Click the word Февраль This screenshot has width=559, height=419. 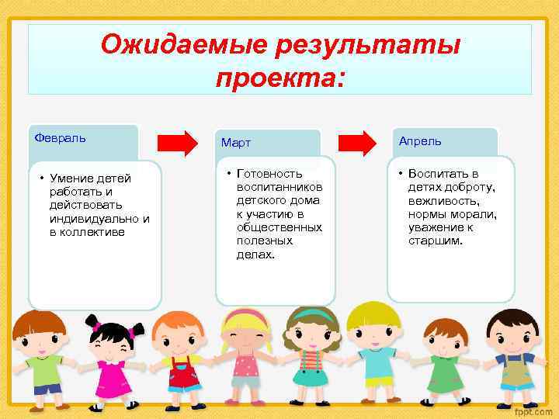click(x=61, y=138)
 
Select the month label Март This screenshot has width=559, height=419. click(x=236, y=144)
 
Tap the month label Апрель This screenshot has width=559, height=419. click(x=420, y=141)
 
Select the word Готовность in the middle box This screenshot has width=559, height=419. click(x=269, y=175)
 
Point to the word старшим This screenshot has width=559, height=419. click(x=436, y=241)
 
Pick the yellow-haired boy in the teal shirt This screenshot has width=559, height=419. click(x=374, y=349)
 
